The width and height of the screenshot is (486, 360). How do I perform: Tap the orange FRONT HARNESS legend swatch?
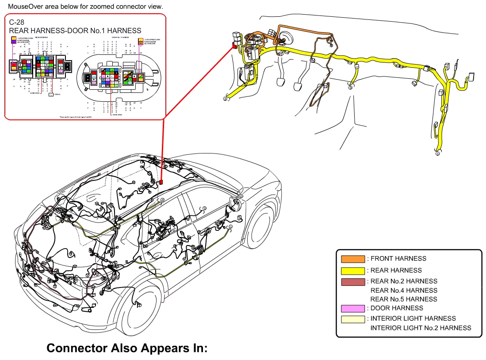[x=353, y=259]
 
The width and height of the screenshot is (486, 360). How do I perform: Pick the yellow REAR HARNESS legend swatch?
[x=353, y=270]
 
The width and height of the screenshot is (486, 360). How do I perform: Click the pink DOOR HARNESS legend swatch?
[x=353, y=308]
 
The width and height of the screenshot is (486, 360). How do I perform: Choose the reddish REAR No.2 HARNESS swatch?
[x=353, y=281]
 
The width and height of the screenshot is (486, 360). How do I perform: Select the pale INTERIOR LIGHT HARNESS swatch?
[x=353, y=318]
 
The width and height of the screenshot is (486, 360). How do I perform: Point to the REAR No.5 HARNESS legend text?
[x=404, y=299]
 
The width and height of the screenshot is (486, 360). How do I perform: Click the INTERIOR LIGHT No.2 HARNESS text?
[x=421, y=328]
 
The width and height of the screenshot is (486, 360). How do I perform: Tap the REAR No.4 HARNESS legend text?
[x=404, y=290]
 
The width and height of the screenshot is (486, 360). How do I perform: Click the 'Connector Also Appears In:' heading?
[x=127, y=348]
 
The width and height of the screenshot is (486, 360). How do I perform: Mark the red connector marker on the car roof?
[x=161, y=182]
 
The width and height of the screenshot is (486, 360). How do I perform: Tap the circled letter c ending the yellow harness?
[x=438, y=154]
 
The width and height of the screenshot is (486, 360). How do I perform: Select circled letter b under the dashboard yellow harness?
[x=351, y=88]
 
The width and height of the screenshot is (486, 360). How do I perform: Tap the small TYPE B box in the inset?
[x=51, y=94]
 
